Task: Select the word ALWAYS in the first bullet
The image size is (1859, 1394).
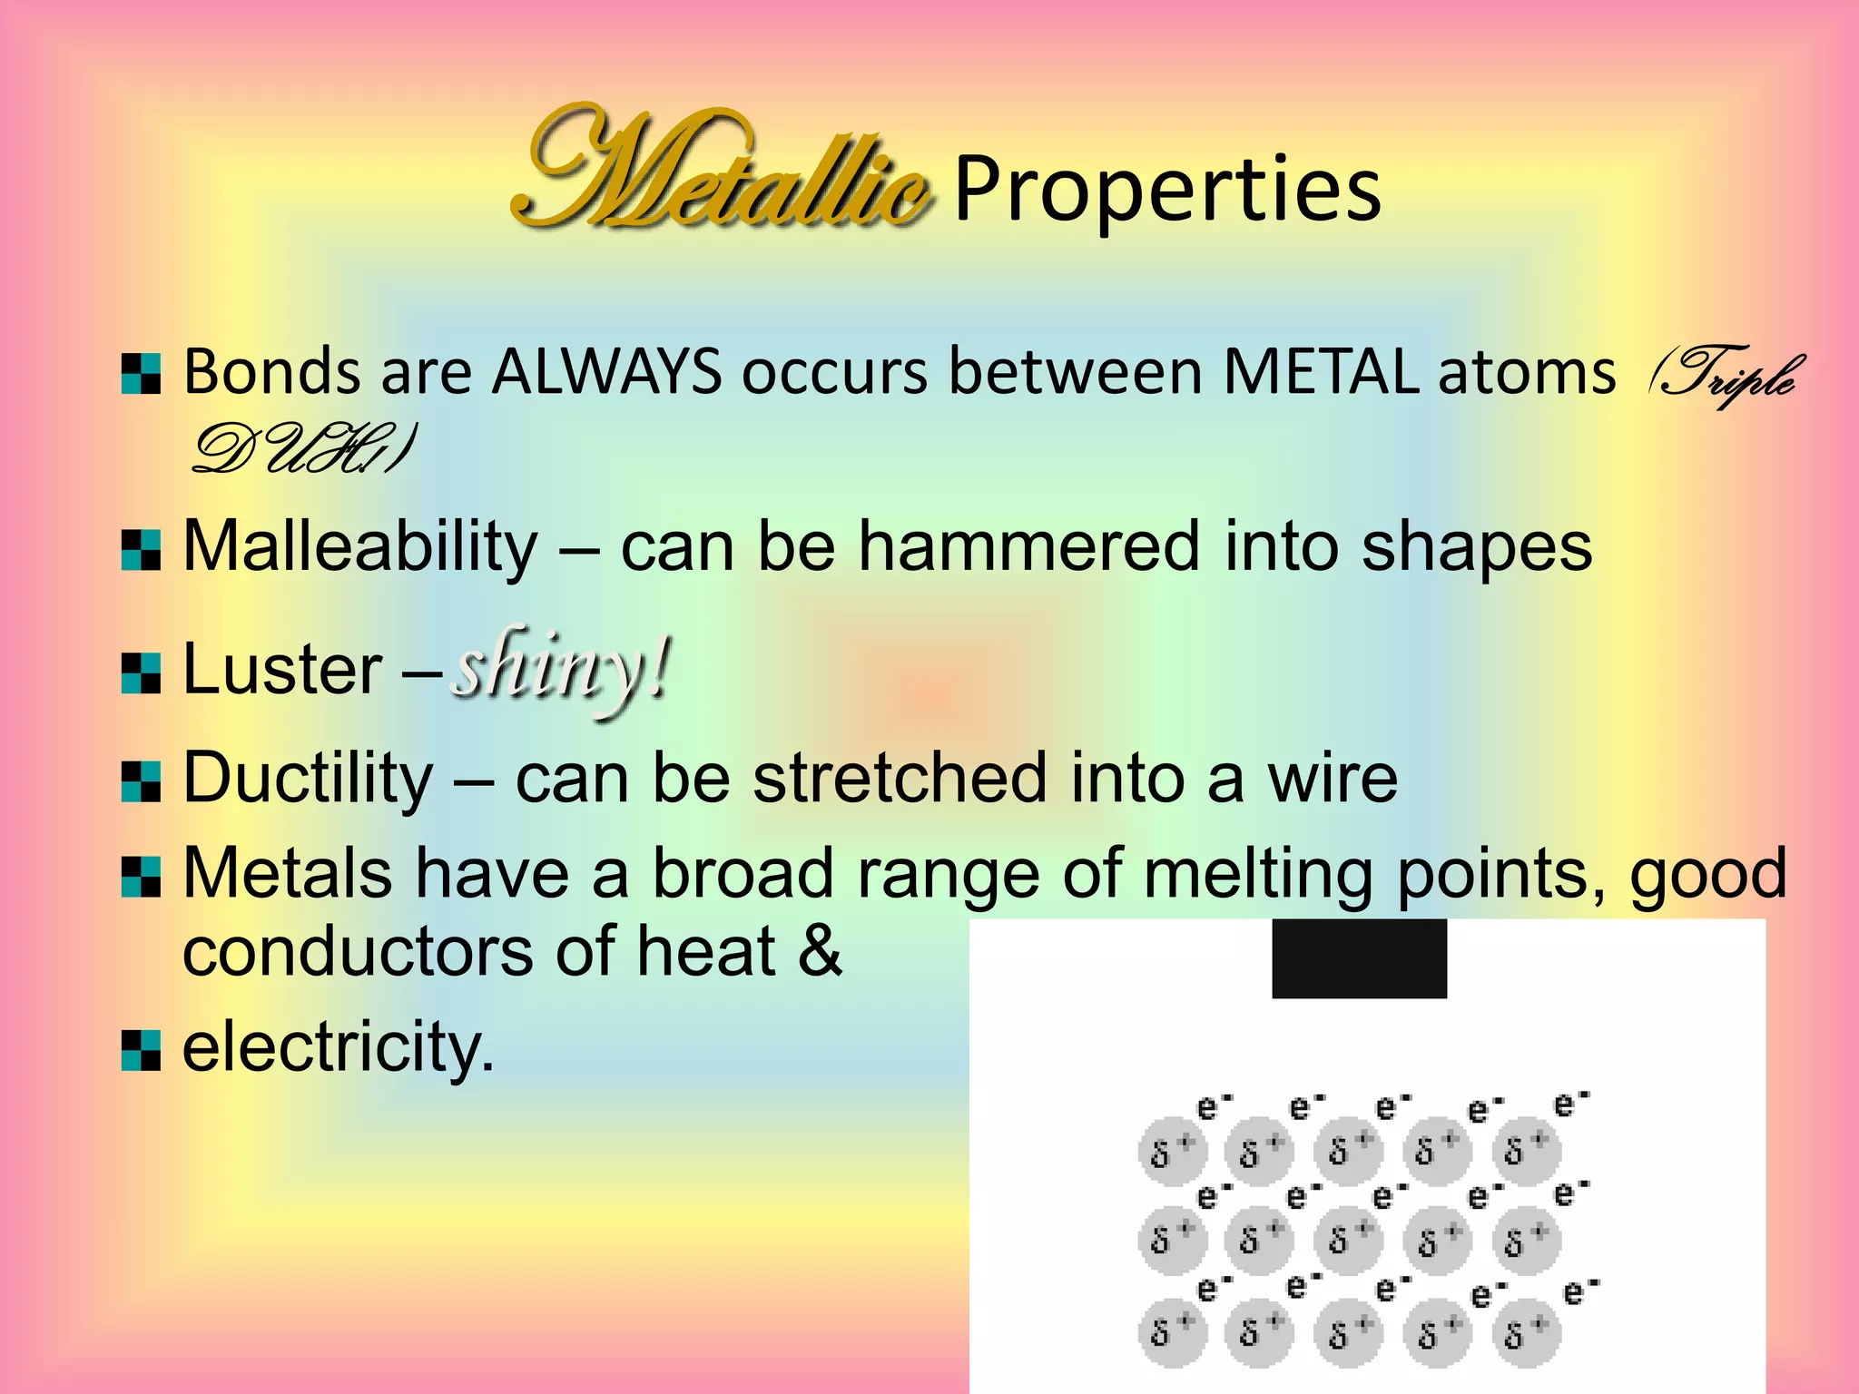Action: [x=606, y=372]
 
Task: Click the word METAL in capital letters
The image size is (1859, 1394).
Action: [x=1321, y=372]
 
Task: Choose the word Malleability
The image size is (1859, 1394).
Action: [x=360, y=547]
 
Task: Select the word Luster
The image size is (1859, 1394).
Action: [x=283, y=670]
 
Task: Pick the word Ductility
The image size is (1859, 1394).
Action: [x=309, y=779]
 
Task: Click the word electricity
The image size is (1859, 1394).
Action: [x=338, y=1046]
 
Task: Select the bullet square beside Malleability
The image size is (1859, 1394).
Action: [x=141, y=550]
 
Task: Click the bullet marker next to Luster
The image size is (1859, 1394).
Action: [x=141, y=672]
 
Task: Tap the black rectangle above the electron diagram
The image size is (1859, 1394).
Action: [x=1359, y=958]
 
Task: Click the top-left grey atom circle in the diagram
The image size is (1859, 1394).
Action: [x=1172, y=1151]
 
